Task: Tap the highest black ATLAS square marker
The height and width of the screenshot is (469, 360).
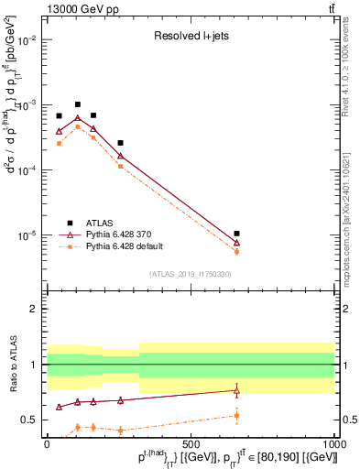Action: (x=78, y=104)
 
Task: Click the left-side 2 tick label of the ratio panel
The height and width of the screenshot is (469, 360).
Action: (x=36, y=309)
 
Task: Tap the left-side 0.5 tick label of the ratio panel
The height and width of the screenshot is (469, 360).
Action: (x=31, y=420)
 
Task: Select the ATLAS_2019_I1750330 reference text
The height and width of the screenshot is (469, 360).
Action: (x=190, y=274)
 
